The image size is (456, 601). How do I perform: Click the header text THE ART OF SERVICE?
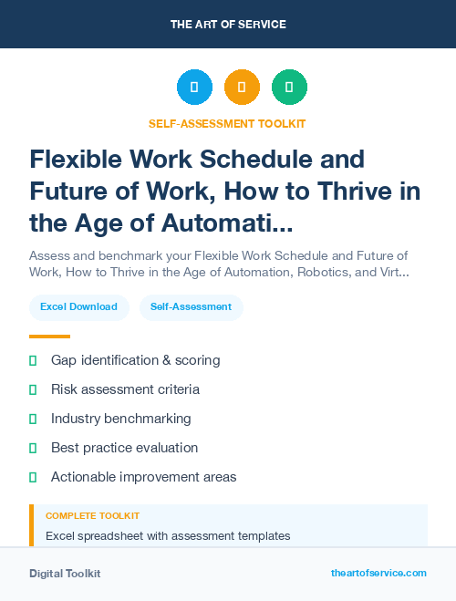point(228,25)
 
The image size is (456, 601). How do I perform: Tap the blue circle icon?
point(194,88)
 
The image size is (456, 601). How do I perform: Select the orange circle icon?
point(242,88)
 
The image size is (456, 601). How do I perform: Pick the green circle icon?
point(289,88)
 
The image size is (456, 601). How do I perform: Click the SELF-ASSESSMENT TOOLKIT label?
point(227,123)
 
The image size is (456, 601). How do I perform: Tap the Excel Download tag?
point(78,307)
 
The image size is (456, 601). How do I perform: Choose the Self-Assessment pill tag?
point(192,307)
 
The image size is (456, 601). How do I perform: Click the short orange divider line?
point(49,337)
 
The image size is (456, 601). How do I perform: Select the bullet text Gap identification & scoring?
point(135,360)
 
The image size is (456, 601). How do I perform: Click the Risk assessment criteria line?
point(125,389)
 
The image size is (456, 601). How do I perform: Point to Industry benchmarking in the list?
point(120,419)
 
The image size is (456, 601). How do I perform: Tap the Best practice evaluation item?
point(124,448)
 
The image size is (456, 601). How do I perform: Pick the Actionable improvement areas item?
point(143,477)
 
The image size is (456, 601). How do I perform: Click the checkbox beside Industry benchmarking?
point(33,419)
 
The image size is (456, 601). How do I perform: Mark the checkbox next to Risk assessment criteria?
point(33,389)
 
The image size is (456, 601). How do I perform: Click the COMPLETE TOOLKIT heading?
point(92,516)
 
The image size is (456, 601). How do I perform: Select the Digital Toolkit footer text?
point(65,574)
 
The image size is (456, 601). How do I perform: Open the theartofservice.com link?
point(378,573)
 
